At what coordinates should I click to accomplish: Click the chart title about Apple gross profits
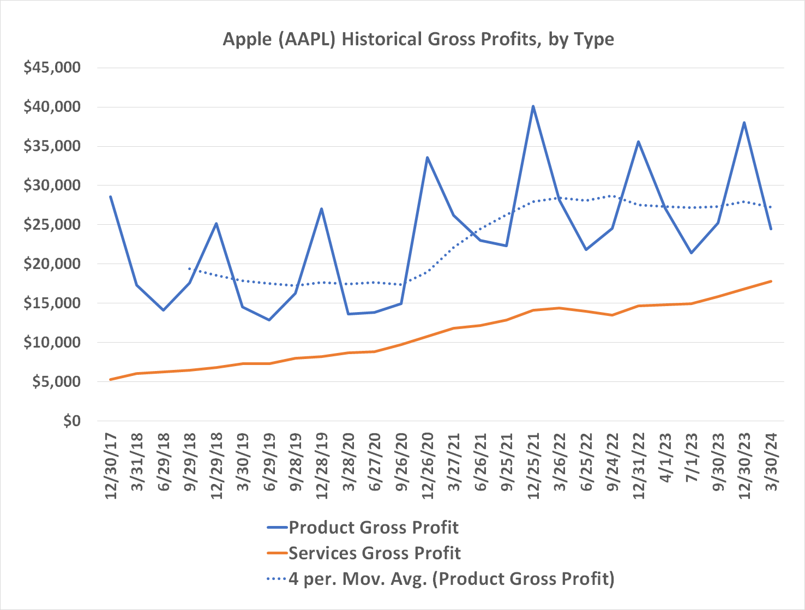tap(418, 40)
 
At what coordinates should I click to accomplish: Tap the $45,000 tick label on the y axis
tap(52, 68)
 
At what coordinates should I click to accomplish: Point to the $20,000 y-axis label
tap(52, 264)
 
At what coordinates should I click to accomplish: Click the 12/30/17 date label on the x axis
tap(111, 465)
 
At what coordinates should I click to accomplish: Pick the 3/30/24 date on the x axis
tap(771, 465)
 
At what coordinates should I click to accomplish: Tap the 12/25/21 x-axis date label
tap(533, 465)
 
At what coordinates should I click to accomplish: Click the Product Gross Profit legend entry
tap(373, 528)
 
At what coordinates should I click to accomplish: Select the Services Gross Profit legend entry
tap(374, 553)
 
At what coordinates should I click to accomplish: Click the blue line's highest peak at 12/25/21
tap(533, 106)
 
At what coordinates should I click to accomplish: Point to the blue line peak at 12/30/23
tap(744, 123)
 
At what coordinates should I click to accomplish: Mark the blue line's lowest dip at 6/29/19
tap(269, 320)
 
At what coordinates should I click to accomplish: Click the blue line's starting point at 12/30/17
tap(111, 197)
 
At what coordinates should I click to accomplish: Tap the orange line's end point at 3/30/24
tap(771, 282)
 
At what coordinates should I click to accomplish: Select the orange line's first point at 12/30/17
tap(111, 379)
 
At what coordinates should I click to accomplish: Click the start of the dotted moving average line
tap(189, 268)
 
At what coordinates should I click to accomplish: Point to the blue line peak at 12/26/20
tap(427, 158)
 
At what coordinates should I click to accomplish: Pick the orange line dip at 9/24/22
tap(612, 315)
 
